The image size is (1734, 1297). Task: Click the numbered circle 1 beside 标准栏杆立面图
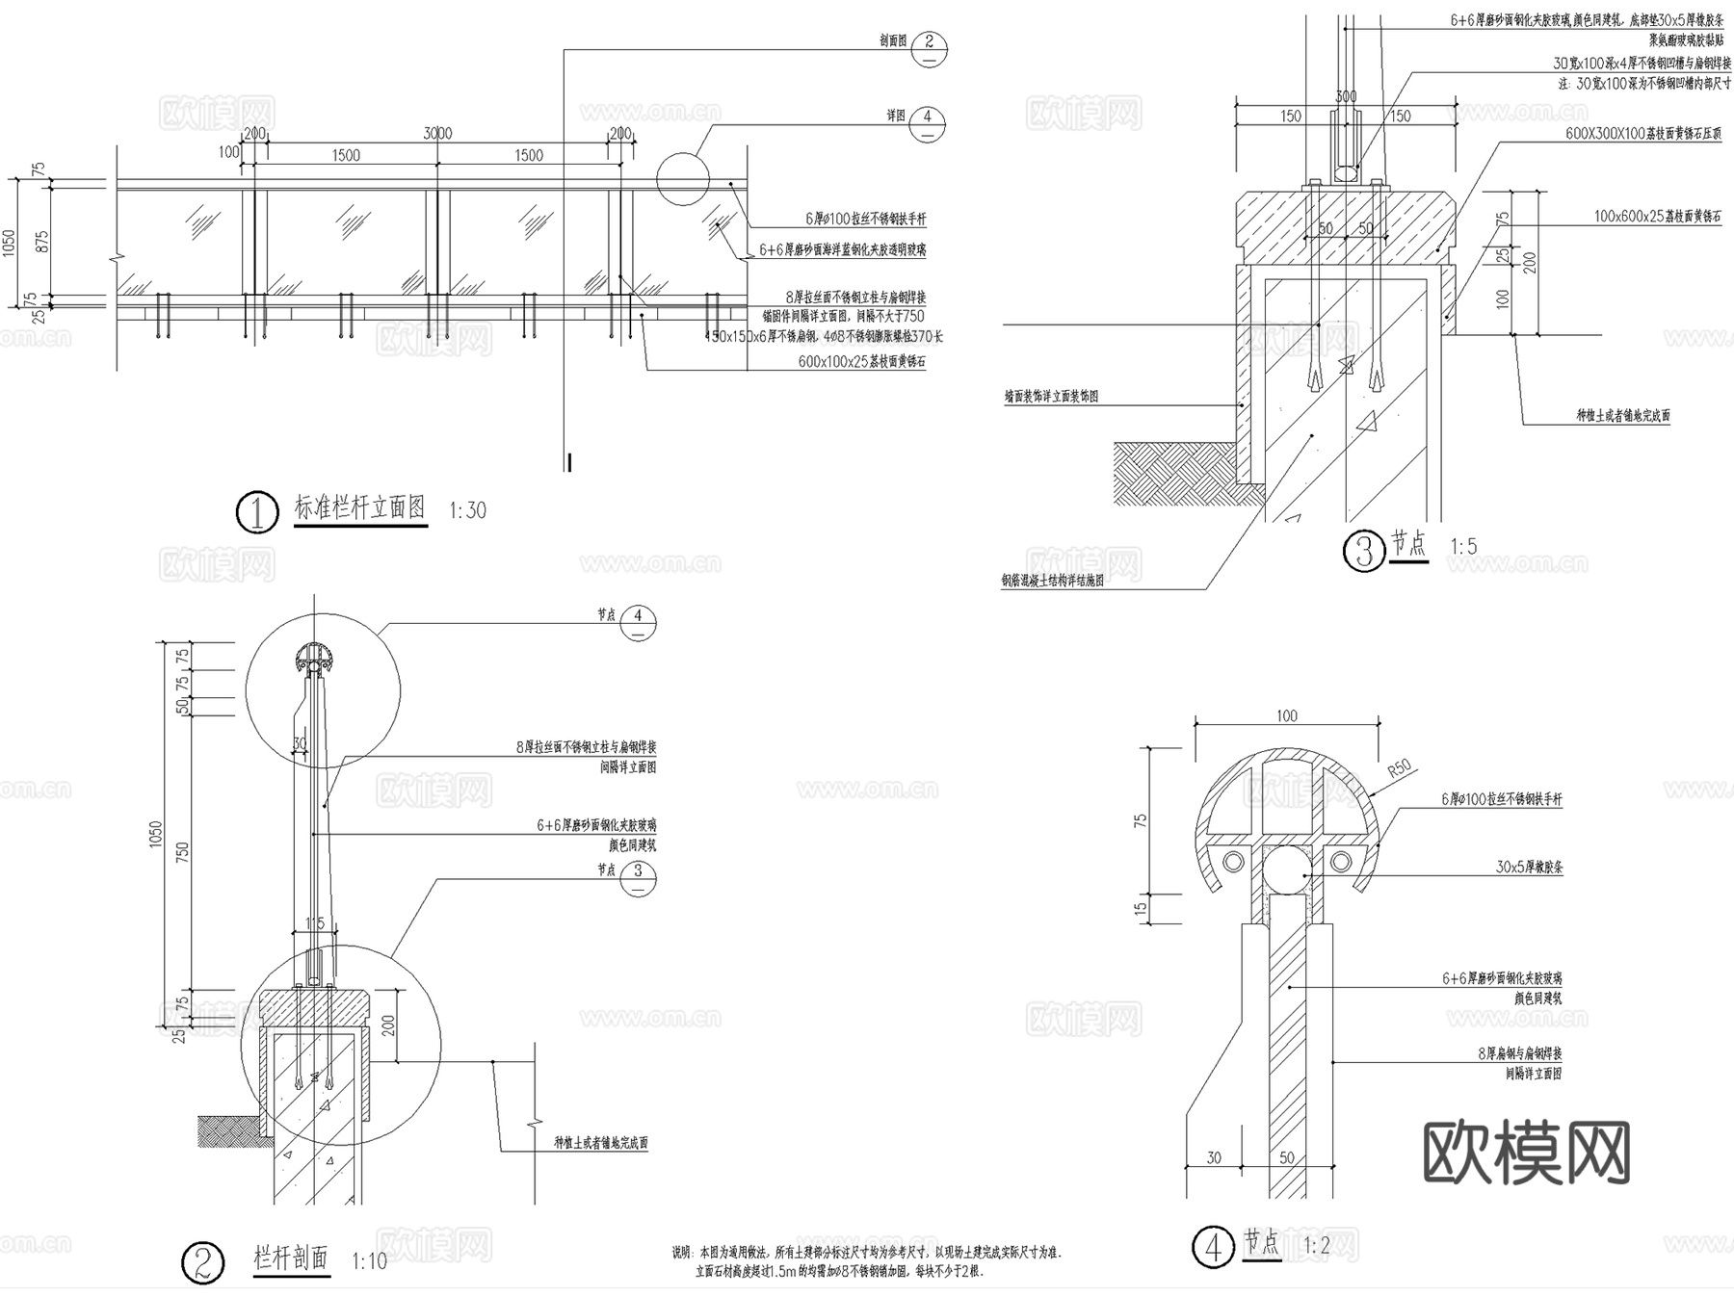click(x=257, y=512)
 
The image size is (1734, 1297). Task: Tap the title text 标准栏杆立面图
click(x=360, y=507)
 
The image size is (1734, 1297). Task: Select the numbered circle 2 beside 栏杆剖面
click(x=202, y=1262)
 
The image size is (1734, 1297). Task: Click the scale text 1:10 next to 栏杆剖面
click(x=369, y=1261)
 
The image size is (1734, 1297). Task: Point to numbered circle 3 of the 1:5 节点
click(x=1364, y=552)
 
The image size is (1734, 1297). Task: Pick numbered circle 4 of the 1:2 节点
click(x=1213, y=1247)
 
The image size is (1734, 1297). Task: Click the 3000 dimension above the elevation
click(x=437, y=134)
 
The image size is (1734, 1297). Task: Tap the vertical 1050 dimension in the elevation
click(x=10, y=243)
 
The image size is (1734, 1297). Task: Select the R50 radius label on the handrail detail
click(x=1399, y=768)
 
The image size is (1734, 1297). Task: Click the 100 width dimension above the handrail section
click(x=1286, y=715)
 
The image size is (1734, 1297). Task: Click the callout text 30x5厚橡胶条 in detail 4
click(x=1529, y=867)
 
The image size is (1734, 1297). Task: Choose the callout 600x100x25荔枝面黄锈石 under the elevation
click(x=861, y=362)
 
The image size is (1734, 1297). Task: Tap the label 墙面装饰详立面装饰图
click(x=1051, y=396)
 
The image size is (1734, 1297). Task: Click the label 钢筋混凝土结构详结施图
click(x=1052, y=581)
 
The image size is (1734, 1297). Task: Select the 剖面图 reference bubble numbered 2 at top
click(x=929, y=42)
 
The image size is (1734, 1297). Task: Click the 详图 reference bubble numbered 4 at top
click(x=927, y=117)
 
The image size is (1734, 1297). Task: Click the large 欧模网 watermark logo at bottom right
click(x=1526, y=1152)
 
